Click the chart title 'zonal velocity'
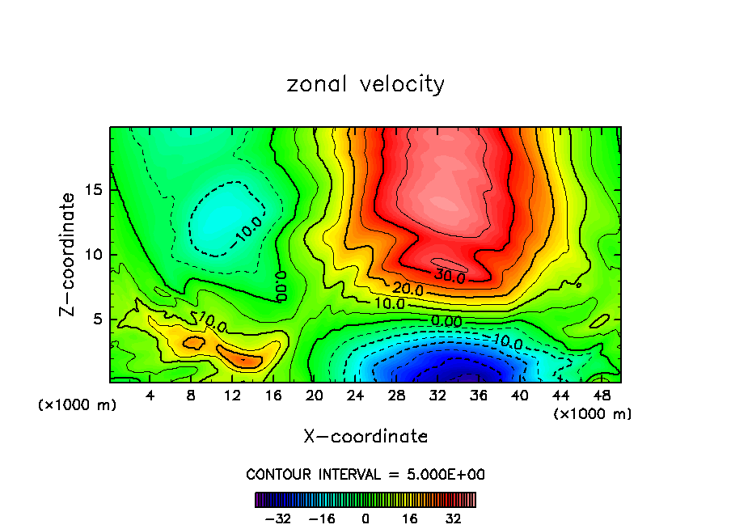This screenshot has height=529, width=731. [365, 84]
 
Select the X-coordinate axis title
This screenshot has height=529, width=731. [365, 437]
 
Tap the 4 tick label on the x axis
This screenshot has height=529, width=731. [150, 396]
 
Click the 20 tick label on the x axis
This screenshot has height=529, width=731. [315, 396]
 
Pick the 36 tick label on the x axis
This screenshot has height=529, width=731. [479, 396]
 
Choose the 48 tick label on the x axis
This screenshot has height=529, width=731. [602, 396]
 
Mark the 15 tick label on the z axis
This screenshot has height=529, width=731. [95, 190]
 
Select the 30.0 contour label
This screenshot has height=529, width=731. [450, 277]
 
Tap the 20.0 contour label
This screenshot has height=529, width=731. [408, 289]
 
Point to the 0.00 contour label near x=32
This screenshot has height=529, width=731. [446, 322]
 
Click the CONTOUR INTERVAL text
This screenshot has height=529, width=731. [365, 475]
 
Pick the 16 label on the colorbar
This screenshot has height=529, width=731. [410, 518]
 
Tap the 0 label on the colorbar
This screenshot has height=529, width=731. [365, 518]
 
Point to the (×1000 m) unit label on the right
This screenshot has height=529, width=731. [593, 414]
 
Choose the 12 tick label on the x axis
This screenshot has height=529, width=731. [232, 396]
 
